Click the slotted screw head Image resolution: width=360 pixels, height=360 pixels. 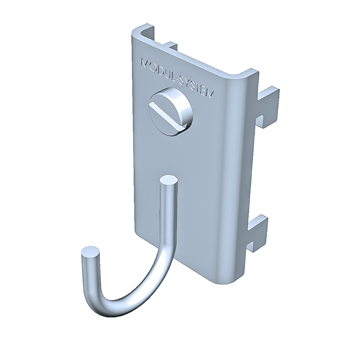click(x=170, y=112)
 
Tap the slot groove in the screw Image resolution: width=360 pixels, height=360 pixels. click(x=167, y=116)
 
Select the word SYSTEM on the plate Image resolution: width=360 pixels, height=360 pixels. click(x=196, y=88)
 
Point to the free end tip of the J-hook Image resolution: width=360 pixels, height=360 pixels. click(x=90, y=252)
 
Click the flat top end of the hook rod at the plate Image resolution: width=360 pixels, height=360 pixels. click(x=169, y=180)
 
